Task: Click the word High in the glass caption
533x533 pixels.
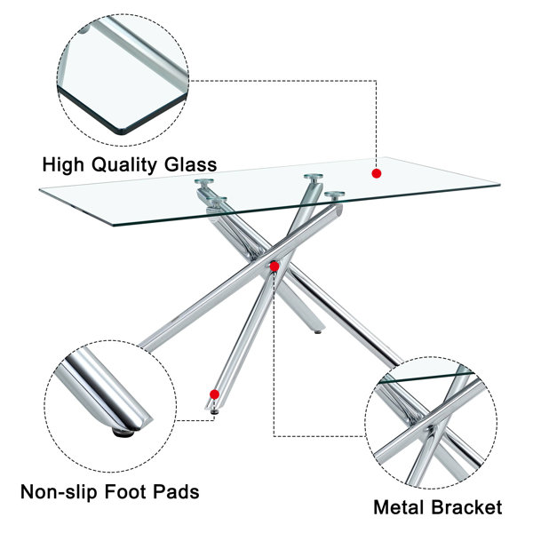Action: pos(63,164)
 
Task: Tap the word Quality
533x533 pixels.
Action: pos(124,165)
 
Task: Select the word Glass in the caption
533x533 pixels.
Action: pos(191,164)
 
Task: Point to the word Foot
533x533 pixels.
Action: pos(125,491)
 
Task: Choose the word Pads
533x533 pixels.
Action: pos(176,491)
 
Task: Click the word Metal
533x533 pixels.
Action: pos(400,507)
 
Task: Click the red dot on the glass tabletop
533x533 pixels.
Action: pos(377,174)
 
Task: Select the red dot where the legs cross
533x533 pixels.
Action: pos(274,266)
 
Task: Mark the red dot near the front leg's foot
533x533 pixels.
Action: pos(214,394)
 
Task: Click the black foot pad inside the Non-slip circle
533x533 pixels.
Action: pos(123,433)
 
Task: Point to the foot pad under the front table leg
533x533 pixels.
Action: pos(215,411)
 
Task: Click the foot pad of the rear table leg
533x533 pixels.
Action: pos(318,331)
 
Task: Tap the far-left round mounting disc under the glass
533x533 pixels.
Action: pos(204,181)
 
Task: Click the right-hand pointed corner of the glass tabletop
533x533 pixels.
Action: pos(499,185)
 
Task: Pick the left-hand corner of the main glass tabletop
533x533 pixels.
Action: pos(41,189)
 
